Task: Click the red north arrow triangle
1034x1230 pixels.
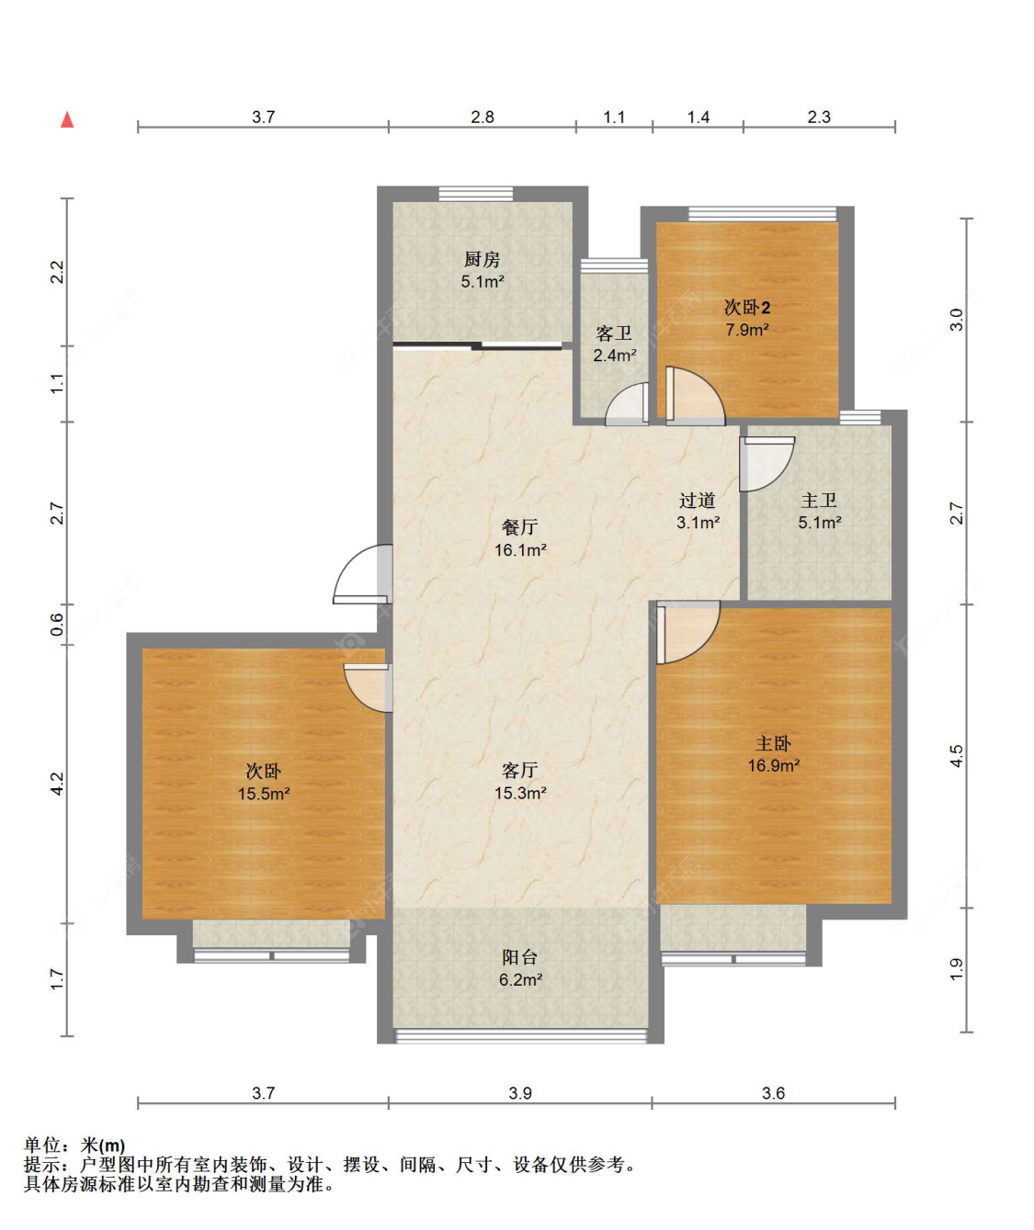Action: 67,119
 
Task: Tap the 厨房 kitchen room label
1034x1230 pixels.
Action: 483,259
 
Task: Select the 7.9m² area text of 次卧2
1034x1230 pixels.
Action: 747,329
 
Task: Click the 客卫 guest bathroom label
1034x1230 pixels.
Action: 614,334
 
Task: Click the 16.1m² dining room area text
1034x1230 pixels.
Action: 520,549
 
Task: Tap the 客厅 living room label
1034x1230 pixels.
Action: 519,770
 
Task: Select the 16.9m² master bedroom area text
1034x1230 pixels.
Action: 774,765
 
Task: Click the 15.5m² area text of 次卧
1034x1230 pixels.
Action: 264,794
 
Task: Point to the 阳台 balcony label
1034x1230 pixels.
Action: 519,956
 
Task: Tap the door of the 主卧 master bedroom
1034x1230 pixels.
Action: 688,632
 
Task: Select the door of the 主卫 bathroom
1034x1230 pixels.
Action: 767,464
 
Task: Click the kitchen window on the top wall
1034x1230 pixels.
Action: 476,194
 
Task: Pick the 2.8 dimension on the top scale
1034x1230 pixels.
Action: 483,118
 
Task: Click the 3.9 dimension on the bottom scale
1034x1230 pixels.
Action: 520,1093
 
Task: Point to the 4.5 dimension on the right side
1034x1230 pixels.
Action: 956,756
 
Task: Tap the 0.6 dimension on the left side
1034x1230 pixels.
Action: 57,625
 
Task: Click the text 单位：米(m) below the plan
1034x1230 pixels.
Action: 74,1145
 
